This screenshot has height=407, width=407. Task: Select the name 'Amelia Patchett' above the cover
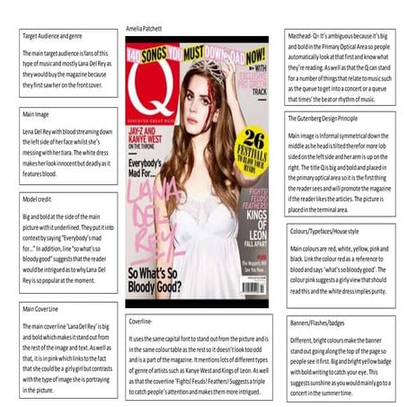(x=145, y=29)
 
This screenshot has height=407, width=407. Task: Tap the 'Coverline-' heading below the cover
(x=144, y=319)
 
